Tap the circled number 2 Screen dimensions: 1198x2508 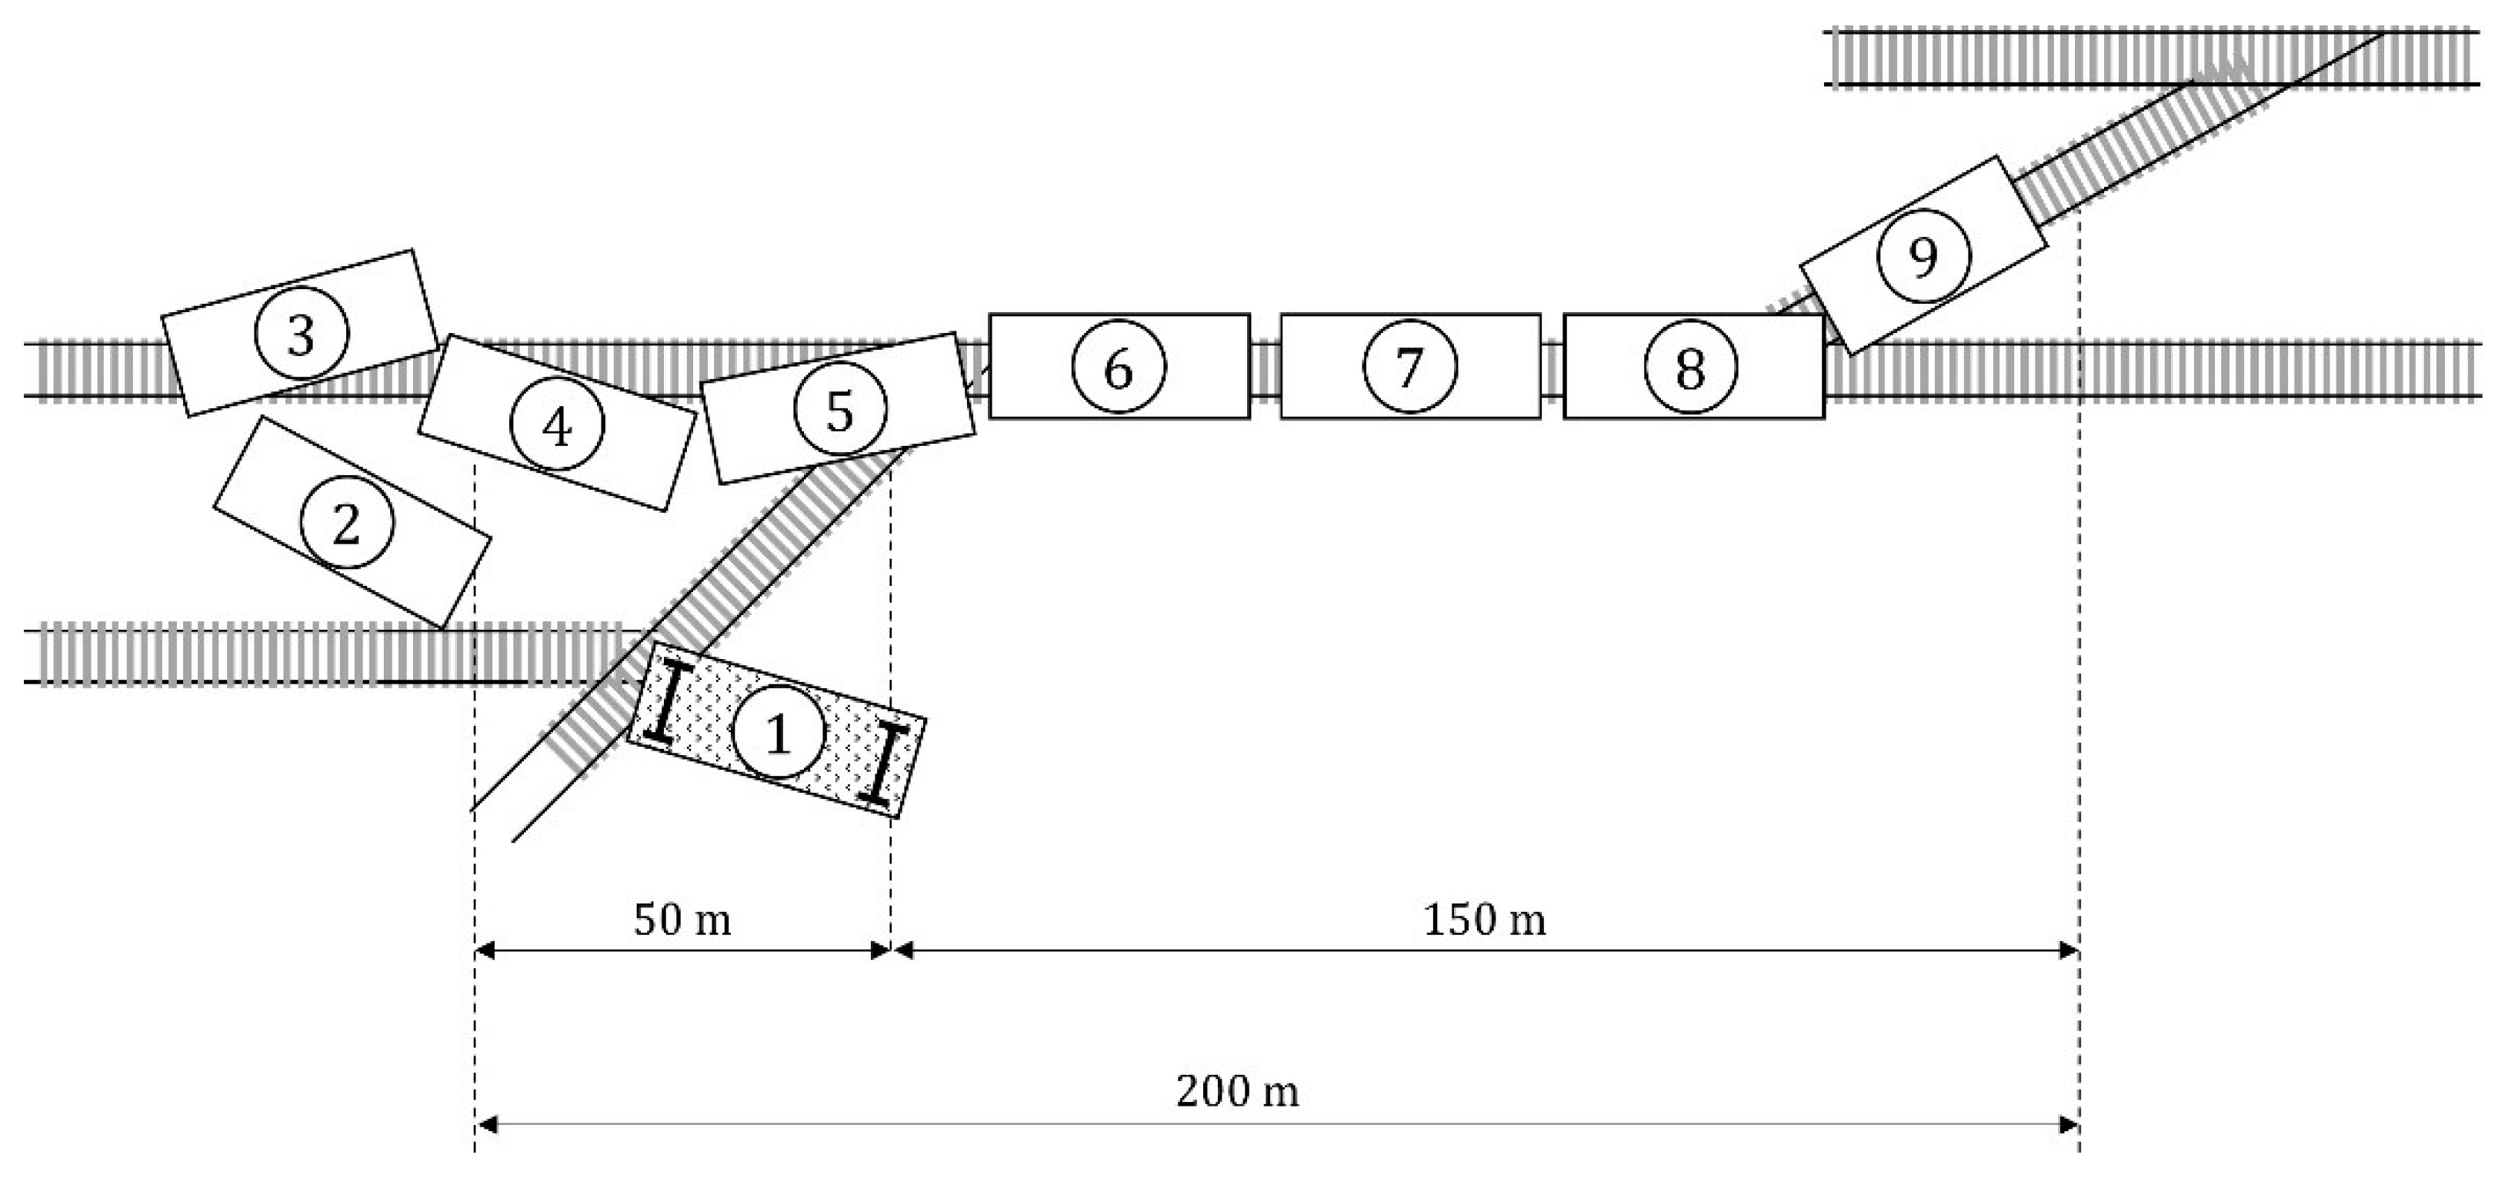pos(347,524)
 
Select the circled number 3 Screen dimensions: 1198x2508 pos(301,334)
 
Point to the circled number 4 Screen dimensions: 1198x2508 pos(557,425)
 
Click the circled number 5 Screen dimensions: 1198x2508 pos(840,410)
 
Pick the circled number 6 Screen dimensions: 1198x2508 pos(1119,368)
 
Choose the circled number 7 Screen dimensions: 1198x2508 pos(1409,367)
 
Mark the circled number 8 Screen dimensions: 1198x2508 pos(1690,368)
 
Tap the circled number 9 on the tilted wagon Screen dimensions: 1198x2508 pos(1923,257)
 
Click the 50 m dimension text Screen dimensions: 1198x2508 pos(682,920)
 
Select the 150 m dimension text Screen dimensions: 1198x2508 pos(1484,920)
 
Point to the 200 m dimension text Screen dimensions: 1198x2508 pos(1236,1091)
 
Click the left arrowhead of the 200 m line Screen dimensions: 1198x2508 pos(485,1125)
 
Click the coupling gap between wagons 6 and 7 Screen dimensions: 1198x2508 pos(1265,368)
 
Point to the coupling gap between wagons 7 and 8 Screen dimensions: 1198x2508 pos(1552,368)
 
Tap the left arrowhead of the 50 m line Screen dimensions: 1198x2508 pos(485,950)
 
